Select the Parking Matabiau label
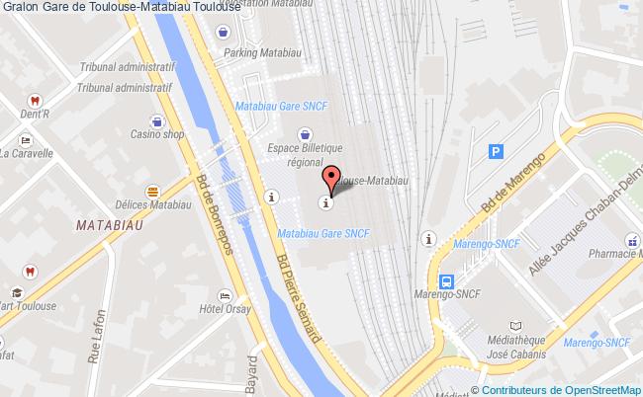[254, 52]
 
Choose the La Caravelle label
[31, 153]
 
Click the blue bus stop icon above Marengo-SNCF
[446, 280]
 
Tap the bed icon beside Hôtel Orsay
[226, 295]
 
